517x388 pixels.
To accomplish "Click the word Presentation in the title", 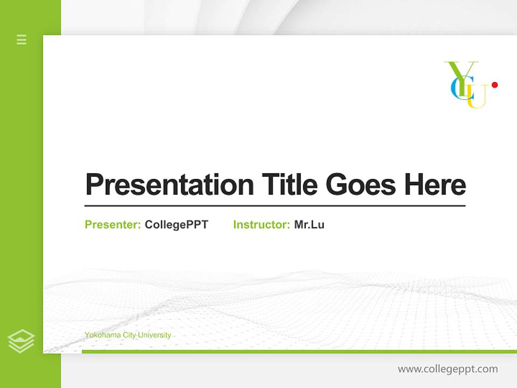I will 170,185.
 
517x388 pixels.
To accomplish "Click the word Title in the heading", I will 290,185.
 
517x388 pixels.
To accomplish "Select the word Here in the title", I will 435,185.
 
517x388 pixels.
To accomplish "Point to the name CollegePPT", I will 176,225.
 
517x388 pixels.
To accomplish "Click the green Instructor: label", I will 262,225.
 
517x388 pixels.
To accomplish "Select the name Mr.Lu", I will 309,225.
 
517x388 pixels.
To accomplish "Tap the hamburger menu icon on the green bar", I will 22,39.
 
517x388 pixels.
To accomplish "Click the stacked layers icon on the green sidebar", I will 21,341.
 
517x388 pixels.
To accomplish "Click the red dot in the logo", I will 494,85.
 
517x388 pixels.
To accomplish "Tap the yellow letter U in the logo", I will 477,97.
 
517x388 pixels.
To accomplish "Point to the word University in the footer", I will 155,335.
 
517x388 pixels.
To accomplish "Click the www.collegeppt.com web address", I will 448,369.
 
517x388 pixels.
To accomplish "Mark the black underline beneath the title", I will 275,205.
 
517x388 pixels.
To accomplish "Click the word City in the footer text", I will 129,335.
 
